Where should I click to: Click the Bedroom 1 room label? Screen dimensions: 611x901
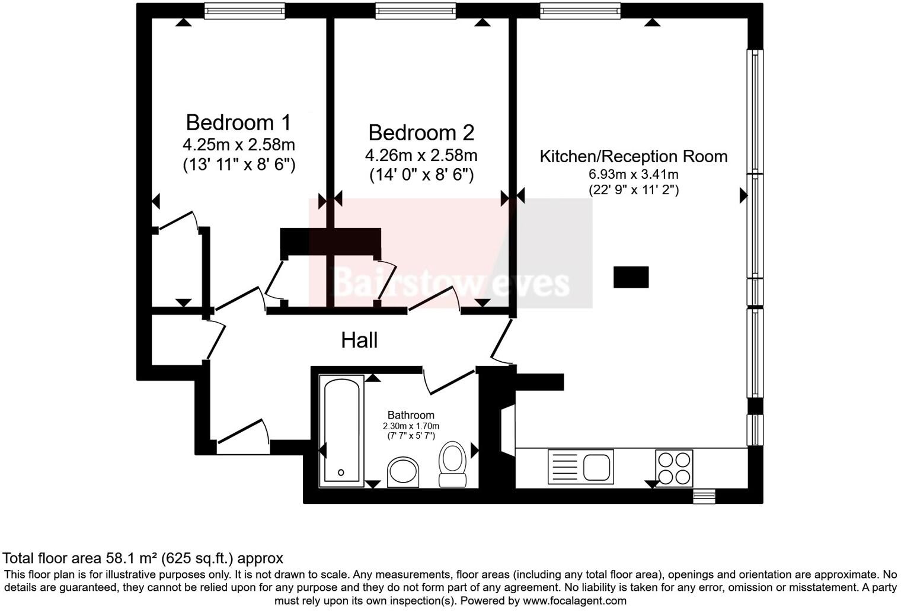point(238,123)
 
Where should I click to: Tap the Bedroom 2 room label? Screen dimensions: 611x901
point(421,133)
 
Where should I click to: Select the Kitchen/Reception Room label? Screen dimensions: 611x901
point(633,156)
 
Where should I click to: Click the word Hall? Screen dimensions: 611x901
point(359,340)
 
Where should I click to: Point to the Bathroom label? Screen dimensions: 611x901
point(411,415)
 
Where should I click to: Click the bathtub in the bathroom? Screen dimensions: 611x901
point(341,431)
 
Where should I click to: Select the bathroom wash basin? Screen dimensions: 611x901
point(403,472)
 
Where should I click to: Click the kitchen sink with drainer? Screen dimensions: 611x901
point(580,467)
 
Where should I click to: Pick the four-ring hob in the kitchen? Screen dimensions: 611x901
point(674,468)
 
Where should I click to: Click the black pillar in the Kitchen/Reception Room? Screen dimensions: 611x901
point(631,277)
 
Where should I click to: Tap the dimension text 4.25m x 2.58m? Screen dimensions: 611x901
point(238,144)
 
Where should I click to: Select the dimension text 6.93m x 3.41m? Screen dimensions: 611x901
point(633,175)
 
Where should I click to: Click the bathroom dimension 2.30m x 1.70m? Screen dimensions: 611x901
point(411,426)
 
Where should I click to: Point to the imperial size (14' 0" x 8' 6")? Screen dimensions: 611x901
point(421,175)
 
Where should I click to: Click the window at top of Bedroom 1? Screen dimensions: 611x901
point(244,10)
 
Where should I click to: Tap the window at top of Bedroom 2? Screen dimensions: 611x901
point(416,10)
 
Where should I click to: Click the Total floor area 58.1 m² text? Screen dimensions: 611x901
point(143,558)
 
